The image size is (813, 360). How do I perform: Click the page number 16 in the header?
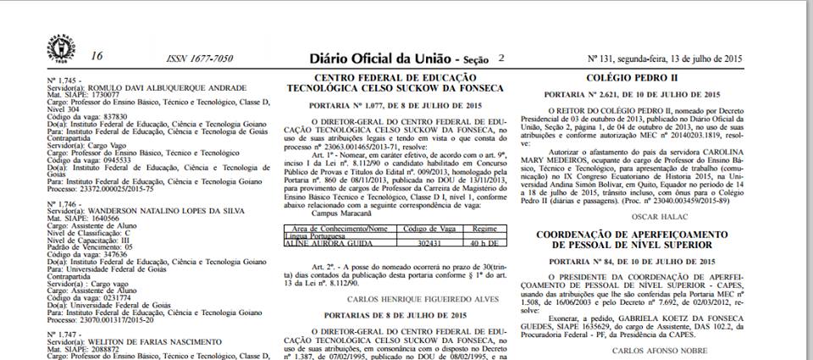(x=96, y=56)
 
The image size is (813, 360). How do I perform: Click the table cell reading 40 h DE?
(x=485, y=242)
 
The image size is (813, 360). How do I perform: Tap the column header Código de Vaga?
(x=424, y=229)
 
